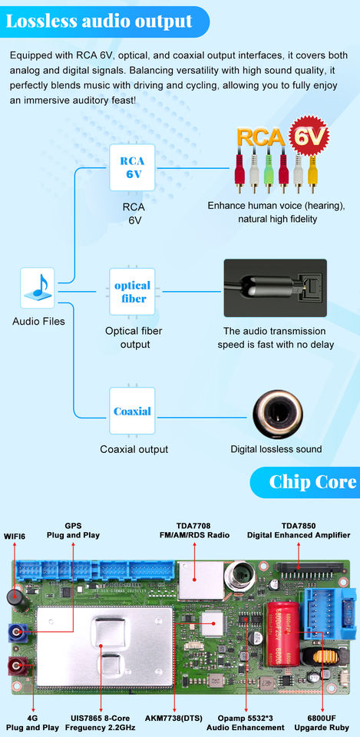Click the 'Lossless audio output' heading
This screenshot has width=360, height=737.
(99, 21)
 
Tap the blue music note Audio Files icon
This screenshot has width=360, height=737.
(38, 288)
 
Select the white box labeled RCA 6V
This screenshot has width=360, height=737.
(132, 167)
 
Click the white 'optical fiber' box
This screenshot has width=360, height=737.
(132, 292)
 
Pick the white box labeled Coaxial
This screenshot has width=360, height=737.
(132, 411)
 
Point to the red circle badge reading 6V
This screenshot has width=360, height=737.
(309, 137)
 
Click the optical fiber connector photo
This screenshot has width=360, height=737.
(275, 288)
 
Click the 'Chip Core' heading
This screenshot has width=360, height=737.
(312, 482)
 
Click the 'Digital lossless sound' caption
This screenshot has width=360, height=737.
(276, 449)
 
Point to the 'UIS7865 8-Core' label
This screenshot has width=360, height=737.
(100, 719)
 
